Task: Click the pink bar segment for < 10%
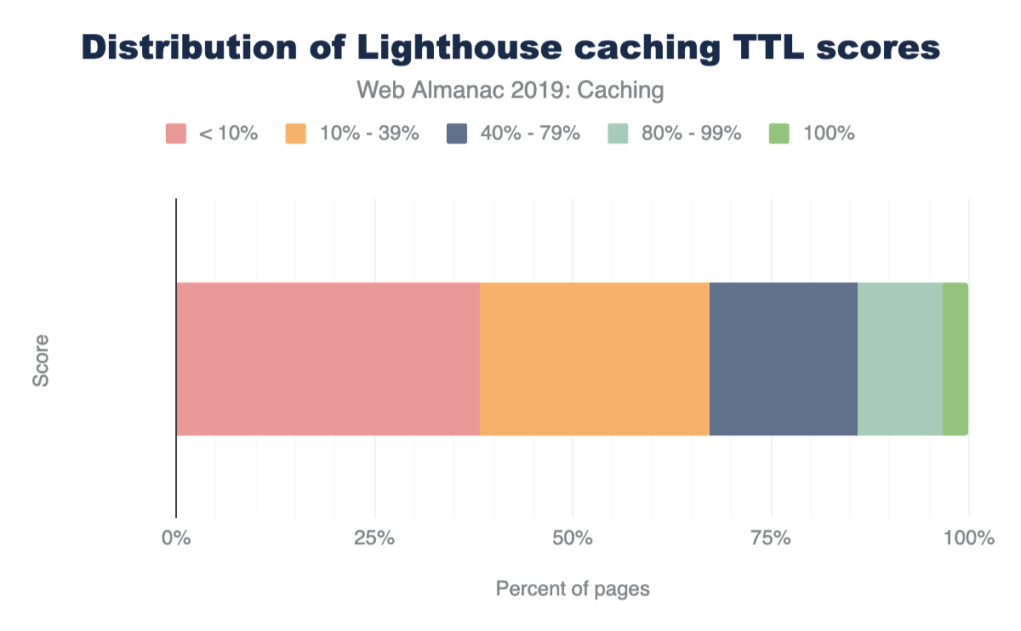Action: click(328, 359)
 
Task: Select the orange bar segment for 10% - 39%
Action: click(595, 359)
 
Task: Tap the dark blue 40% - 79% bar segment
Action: click(784, 359)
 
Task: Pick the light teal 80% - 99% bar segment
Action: click(900, 359)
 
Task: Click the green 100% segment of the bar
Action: click(955, 359)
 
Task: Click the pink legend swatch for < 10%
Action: click(176, 134)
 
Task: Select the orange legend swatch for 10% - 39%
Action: click(295, 134)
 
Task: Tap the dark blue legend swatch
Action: click(457, 134)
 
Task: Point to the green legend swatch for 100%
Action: click(779, 134)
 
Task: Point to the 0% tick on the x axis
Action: click(176, 538)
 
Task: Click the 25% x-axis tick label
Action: click(374, 538)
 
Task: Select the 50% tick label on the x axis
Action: click(573, 538)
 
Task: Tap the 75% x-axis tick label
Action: click(771, 538)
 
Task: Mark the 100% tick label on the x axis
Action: click(968, 538)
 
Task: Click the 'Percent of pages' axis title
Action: click(573, 588)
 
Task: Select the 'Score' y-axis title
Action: click(41, 360)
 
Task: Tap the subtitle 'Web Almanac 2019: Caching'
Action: click(510, 89)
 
